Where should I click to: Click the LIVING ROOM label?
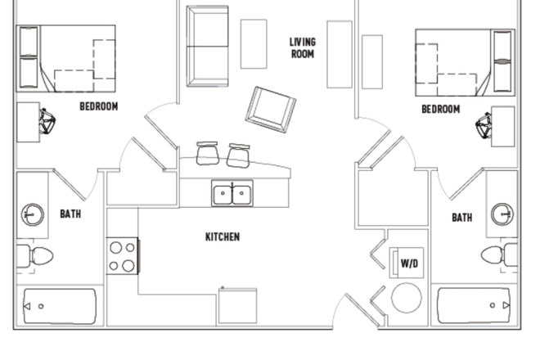click(x=303, y=47)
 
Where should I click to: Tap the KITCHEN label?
click(x=223, y=237)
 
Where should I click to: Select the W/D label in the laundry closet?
click(x=409, y=263)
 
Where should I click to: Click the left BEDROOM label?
click(x=98, y=106)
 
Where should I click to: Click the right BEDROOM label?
click(x=440, y=110)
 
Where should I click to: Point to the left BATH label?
click(x=70, y=214)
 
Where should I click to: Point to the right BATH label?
click(x=462, y=218)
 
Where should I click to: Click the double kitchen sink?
click(x=232, y=195)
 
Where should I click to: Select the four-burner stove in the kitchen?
click(x=123, y=254)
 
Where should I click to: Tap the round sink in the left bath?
click(x=33, y=215)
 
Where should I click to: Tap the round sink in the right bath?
click(x=502, y=215)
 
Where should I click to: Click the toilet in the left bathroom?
click(x=37, y=255)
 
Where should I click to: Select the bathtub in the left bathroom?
click(x=60, y=306)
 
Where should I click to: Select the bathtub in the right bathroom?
click(x=475, y=305)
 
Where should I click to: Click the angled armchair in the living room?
click(x=271, y=108)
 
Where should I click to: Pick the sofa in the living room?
click(x=208, y=46)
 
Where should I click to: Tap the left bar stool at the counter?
click(x=208, y=153)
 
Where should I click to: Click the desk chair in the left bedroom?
click(x=47, y=122)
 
